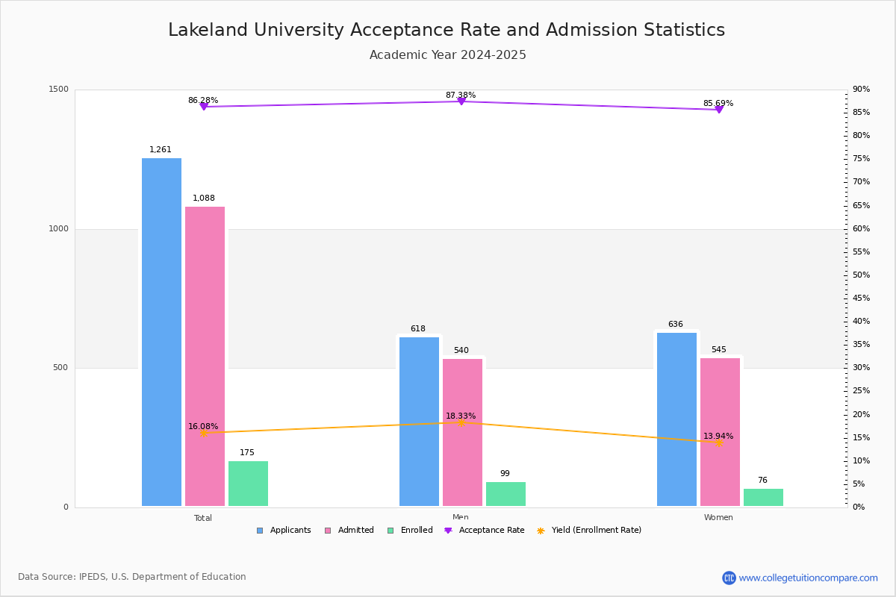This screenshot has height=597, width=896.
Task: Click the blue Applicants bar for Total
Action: click(161, 332)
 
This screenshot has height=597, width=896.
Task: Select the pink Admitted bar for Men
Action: click(462, 432)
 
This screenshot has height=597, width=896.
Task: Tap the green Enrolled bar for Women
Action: click(763, 498)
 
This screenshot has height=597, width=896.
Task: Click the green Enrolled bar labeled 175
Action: click(248, 484)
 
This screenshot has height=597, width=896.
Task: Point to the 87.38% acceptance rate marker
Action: click(461, 101)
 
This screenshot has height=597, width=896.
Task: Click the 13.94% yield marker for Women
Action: click(719, 443)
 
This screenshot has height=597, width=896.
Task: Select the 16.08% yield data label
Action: click(203, 426)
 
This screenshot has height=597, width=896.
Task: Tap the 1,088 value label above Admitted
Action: click(204, 199)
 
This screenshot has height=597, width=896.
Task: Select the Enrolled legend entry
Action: click(410, 531)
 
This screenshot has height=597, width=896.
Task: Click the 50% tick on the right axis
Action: click(861, 275)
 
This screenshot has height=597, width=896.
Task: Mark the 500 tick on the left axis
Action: click(60, 368)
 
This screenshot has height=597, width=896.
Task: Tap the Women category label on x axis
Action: click(718, 518)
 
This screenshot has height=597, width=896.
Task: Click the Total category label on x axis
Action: click(203, 518)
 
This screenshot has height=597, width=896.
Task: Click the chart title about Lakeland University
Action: click(447, 30)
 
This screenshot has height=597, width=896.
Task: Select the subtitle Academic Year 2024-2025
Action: click(447, 55)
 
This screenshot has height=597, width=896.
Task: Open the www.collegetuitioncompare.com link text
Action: click(808, 578)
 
